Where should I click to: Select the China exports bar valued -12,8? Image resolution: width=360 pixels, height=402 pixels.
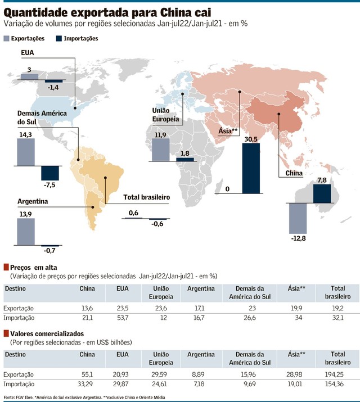297,218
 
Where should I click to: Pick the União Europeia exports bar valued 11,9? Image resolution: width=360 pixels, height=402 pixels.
160,149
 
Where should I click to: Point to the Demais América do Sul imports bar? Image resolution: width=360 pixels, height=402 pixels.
50,173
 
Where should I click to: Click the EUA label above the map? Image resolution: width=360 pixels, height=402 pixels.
28,53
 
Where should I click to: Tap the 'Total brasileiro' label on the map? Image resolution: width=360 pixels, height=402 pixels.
147,198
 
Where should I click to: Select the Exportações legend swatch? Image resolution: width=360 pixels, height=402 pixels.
7,38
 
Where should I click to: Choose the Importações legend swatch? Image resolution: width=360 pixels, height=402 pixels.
60,38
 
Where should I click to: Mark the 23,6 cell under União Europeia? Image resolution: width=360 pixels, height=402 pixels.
159,308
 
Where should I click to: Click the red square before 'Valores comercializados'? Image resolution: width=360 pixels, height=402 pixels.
6,333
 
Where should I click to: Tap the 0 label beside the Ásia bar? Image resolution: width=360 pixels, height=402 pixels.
227,189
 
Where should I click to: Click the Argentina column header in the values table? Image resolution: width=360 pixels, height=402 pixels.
201,354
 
